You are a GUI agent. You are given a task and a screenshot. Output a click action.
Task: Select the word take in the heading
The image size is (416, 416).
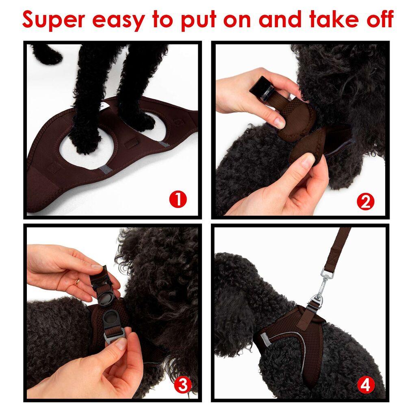coord(327,19)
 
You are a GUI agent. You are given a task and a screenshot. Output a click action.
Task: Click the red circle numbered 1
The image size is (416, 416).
coord(178,200)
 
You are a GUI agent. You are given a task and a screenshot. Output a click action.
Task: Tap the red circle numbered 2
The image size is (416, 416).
coord(365,201)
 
